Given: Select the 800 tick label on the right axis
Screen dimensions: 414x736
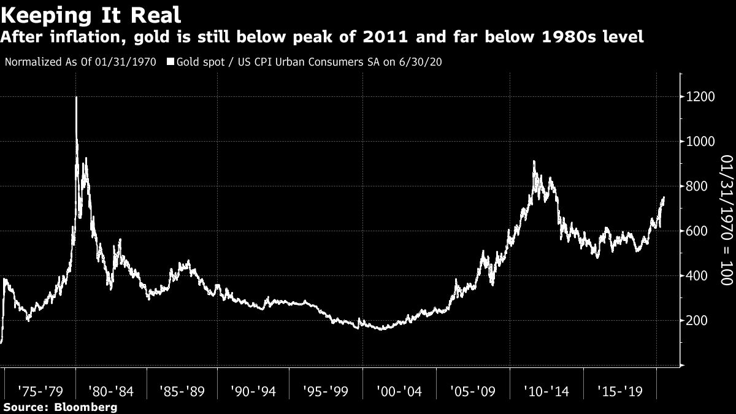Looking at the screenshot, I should click(700, 186).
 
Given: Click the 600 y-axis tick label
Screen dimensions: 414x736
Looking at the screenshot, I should click(700, 231).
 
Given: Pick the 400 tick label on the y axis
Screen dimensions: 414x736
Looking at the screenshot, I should click(700, 276).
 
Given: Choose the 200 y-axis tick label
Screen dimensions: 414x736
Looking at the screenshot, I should click(700, 321).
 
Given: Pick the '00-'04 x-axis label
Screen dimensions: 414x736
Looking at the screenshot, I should click(399, 390).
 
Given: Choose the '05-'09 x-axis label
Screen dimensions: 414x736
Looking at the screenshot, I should click(470, 390).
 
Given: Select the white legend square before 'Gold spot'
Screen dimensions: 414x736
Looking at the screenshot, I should click(170, 62).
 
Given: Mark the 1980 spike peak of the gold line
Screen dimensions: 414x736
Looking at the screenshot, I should click(76, 98).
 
